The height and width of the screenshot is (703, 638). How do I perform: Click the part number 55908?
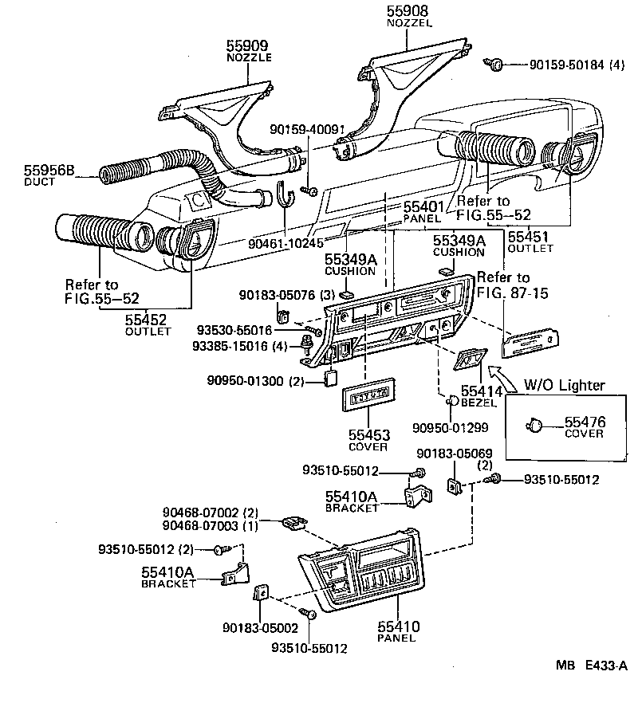click(408, 12)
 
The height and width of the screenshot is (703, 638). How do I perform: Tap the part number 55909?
click(249, 47)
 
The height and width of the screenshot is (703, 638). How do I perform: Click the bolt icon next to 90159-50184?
click(496, 65)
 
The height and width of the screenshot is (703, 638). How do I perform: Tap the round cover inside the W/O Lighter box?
click(534, 426)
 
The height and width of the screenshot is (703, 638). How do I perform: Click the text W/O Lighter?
click(564, 386)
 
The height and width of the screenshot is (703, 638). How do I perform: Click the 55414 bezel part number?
click(482, 392)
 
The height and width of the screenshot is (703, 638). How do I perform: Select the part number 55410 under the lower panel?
click(398, 626)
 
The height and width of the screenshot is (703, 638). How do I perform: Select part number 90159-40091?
click(307, 129)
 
